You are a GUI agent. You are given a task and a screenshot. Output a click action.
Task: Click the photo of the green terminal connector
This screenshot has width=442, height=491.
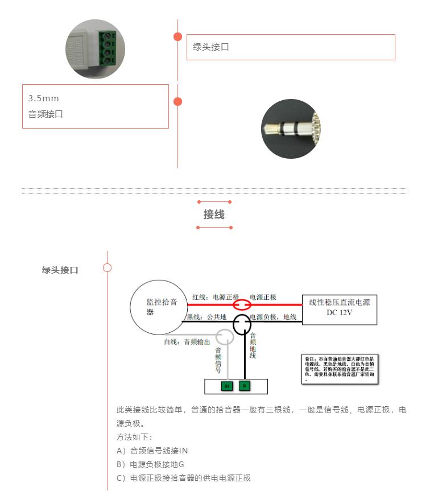[x=95, y=48]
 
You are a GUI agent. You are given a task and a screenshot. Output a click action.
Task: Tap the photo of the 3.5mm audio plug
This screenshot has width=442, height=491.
[x=291, y=129]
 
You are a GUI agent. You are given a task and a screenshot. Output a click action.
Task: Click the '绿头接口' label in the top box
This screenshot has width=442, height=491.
[x=211, y=47]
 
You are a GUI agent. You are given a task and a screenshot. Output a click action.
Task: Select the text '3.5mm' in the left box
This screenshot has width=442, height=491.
[x=44, y=98]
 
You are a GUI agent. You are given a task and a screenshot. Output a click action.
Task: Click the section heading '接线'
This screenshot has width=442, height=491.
[x=214, y=214]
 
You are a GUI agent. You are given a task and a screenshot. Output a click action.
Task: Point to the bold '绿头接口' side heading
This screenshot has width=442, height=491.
[x=60, y=270]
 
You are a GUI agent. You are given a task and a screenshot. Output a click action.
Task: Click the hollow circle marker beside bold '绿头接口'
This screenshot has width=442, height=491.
[x=107, y=267]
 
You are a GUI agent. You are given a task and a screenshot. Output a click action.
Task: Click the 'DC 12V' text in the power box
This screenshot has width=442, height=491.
[x=340, y=312]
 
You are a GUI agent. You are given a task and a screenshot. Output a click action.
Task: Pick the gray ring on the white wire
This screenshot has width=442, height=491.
[x=225, y=337]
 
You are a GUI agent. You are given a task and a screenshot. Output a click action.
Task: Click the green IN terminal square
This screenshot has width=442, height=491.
[x=226, y=386]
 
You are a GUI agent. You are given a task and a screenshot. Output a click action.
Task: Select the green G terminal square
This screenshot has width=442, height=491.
[x=244, y=386]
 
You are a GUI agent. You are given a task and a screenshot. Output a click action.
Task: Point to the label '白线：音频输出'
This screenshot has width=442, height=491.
[x=187, y=342]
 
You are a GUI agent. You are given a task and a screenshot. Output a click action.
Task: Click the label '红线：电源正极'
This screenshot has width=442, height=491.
[x=216, y=297]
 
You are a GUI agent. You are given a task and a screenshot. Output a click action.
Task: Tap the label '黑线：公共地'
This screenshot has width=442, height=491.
[x=206, y=316]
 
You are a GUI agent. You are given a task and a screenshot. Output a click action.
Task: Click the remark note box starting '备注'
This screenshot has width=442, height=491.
[x=340, y=369]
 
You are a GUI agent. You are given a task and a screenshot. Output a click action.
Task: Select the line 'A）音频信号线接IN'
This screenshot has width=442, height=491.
[x=152, y=451]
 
